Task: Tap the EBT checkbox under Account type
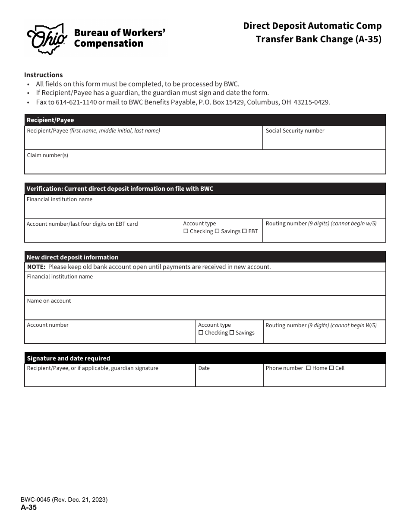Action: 244,231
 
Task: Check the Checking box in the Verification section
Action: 186,231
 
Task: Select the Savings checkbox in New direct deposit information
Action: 232,333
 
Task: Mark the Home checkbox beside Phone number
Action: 308,368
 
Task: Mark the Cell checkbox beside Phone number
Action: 331,368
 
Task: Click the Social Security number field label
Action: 295,131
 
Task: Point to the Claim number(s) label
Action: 47,155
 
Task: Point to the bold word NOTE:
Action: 36,267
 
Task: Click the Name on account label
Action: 49,301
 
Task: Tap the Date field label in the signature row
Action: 204,368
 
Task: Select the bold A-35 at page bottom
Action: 28,508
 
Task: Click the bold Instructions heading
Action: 43,75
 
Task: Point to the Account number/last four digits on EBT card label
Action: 82,224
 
